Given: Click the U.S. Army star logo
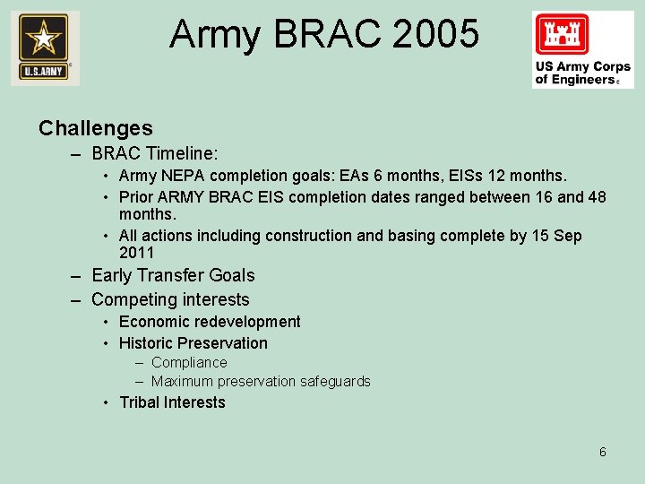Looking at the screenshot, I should coord(44,48).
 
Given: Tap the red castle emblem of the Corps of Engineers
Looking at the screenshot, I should coord(563,35).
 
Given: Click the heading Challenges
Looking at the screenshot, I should coord(96,128).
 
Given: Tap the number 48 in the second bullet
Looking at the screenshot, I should coord(596,196).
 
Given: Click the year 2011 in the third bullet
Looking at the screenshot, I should coord(137,253).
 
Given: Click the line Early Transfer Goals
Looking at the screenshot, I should coord(173,276).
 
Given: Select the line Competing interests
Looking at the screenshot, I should coord(170,299).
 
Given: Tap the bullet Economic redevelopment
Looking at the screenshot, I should coord(210,322).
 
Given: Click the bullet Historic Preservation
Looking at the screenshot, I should coord(193,343).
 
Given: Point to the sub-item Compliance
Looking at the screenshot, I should coord(189,363).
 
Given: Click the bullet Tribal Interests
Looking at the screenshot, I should coord(172,402).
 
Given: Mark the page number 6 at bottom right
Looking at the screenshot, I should coord(603,452).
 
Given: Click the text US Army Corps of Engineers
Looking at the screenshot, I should coord(582,73).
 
